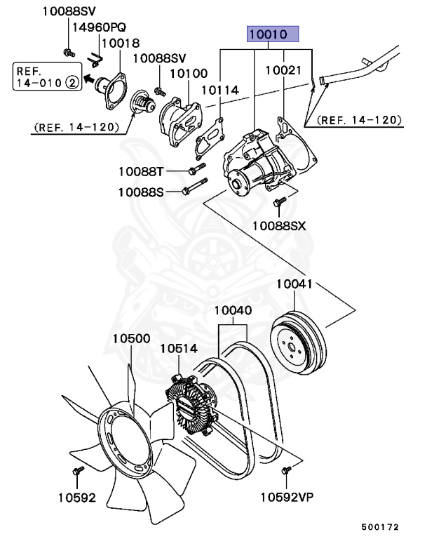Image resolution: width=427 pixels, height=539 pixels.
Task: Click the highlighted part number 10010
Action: (271, 34)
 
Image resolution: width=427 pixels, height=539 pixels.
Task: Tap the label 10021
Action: (283, 71)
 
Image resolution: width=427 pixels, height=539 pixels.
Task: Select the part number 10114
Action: (220, 90)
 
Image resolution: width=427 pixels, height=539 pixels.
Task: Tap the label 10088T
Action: (140, 171)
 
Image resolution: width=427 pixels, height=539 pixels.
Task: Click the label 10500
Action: (131, 338)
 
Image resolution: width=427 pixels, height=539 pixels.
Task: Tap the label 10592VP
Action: (287, 498)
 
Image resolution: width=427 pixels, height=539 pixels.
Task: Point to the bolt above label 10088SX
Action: (277, 204)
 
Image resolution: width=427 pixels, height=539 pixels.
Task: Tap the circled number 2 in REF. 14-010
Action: (71, 83)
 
